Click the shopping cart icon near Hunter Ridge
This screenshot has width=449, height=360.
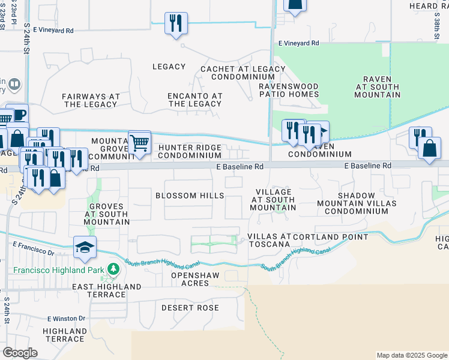click(x=139, y=143)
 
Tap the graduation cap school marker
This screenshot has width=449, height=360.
click(x=85, y=247)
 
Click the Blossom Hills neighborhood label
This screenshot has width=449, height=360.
click(x=190, y=196)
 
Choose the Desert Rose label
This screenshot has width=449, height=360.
click(x=190, y=308)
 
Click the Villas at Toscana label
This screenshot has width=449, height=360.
click(x=269, y=240)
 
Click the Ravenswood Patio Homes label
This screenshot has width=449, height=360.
click(x=289, y=90)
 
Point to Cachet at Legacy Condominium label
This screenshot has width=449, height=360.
click(x=243, y=73)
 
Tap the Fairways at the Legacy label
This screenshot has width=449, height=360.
click(x=91, y=100)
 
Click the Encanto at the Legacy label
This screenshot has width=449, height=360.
click(x=195, y=100)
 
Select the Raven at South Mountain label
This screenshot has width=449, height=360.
click(x=377, y=87)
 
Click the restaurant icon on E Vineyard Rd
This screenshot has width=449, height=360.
click(x=176, y=24)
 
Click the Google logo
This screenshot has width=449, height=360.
click(x=20, y=353)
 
